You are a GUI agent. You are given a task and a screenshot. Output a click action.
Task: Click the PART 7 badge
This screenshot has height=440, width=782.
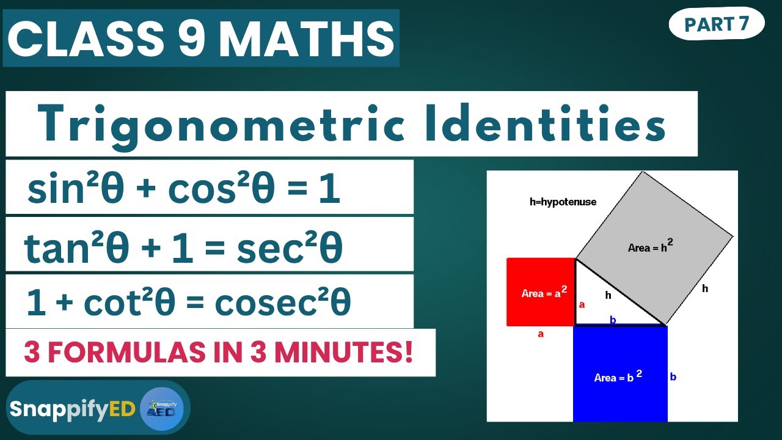pos(717,24)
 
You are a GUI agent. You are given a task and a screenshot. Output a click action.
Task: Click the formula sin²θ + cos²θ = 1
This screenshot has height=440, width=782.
pos(183,189)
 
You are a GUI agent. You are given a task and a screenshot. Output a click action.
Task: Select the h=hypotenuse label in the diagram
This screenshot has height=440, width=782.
pos(563,202)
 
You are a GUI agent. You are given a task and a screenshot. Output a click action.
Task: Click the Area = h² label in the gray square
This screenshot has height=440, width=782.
pos(650,246)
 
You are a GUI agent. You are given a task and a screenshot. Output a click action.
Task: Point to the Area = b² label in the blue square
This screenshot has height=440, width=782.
pos(618,376)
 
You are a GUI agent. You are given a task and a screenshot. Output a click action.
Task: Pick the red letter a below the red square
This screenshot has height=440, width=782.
pos(541,334)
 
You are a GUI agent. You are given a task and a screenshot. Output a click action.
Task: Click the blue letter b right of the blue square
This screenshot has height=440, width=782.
pos(673,376)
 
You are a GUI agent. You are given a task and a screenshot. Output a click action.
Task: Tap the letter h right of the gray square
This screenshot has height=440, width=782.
pos(705,288)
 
